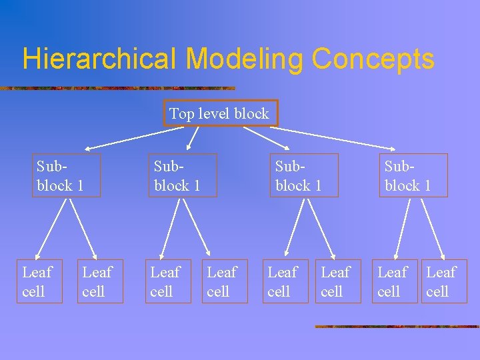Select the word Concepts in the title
pyautogui.click(x=373, y=59)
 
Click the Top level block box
pyautogui.click(x=220, y=113)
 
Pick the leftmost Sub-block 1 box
pyautogui.click(x=67, y=175)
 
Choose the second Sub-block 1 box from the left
pyautogui.click(x=183, y=175)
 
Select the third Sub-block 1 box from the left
pyautogui.click(x=304, y=175)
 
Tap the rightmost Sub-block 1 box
pyautogui.click(x=413, y=175)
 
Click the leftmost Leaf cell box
pyautogui.click(x=39, y=281)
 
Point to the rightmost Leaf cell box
pyautogui.click(x=444, y=281)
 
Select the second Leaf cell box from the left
pyautogui.click(x=100, y=281)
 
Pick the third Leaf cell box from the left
pyautogui.click(x=168, y=281)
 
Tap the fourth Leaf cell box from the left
pyautogui.click(x=225, y=281)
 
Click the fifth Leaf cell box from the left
pyautogui.click(x=285, y=281)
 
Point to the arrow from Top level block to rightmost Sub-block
pyautogui.click(x=340, y=137)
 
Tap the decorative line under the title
pyautogui.click(x=117, y=88)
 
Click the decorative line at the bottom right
pyautogui.click(x=397, y=327)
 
